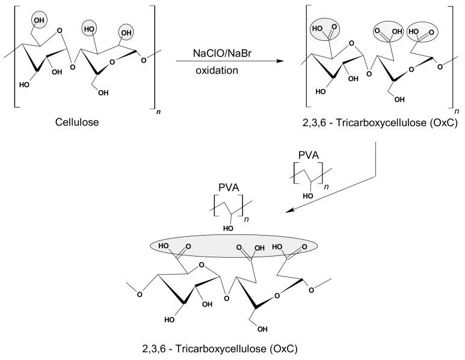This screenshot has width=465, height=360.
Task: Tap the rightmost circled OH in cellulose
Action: (126, 29)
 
